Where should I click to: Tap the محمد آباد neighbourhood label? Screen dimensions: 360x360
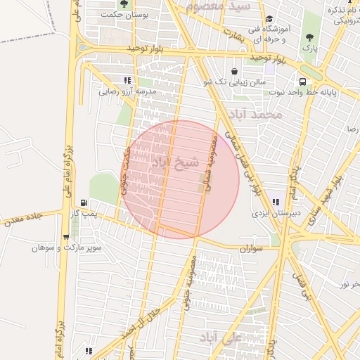click(x=259, y=114)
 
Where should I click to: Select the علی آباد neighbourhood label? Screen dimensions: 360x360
click(x=221, y=337)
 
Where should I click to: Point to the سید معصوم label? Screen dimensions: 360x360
click(x=219, y=6)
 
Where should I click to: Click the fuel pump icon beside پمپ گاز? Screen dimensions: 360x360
click(x=84, y=202)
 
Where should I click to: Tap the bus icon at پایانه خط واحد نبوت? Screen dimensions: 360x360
click(x=301, y=80)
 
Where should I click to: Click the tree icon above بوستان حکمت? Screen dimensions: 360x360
click(x=124, y=4)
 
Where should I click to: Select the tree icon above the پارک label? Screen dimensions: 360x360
click(x=309, y=37)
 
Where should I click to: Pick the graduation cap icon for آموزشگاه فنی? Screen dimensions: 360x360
click(x=269, y=20)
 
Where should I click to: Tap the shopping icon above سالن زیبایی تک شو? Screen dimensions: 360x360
click(x=233, y=71)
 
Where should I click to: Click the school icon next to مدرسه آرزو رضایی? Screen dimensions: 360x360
click(x=127, y=80)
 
